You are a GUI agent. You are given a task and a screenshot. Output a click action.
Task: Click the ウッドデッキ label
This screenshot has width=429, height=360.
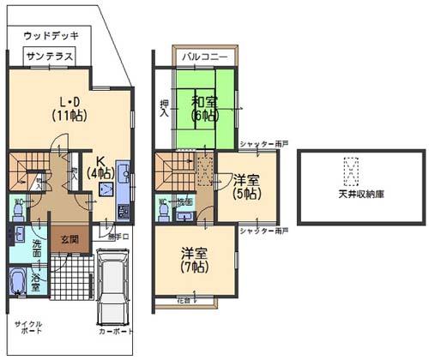tap(51, 36)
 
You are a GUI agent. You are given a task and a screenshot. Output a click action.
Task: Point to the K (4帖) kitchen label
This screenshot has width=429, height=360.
tap(100, 167)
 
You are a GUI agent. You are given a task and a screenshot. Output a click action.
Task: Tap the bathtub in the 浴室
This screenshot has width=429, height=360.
tap(19, 280)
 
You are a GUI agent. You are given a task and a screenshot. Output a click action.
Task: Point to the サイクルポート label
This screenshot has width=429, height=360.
tap(31, 328)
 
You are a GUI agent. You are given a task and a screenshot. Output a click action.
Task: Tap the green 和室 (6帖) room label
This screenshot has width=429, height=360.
tap(205, 107)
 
